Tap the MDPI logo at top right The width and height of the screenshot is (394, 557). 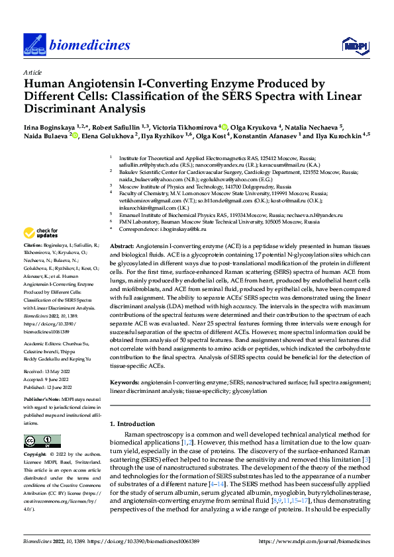tap(354, 44)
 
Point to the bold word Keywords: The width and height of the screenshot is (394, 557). tap(124, 382)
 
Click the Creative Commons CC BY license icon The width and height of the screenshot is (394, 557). tap(38, 441)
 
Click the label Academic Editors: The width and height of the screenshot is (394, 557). tap(45, 344)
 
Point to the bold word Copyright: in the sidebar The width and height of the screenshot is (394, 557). tap(36, 455)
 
